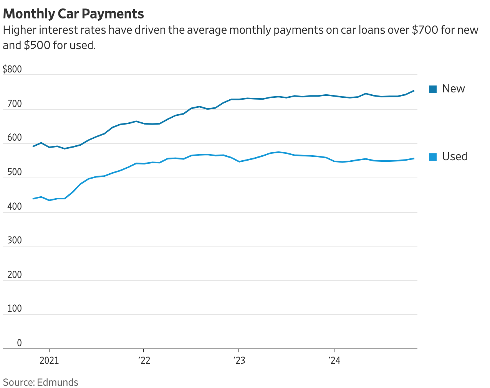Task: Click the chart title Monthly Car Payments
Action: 73,14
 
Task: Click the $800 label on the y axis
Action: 12,69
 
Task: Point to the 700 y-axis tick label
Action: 15,104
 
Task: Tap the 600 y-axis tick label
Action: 15,138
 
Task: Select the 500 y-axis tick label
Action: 15,172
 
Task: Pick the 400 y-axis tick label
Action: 15,207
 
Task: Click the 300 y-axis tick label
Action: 15,240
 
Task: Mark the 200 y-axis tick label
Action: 15,275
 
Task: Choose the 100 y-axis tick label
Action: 15,309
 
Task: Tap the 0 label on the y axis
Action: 19,343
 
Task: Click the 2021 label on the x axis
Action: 49,361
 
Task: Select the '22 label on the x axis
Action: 144,361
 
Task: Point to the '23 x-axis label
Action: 239,361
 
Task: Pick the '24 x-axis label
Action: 334,361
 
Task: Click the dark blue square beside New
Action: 433,89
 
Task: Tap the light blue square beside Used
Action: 433,157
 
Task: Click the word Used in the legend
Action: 455,156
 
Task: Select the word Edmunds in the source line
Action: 58,382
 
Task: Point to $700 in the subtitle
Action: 425,30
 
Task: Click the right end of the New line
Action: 414,91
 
